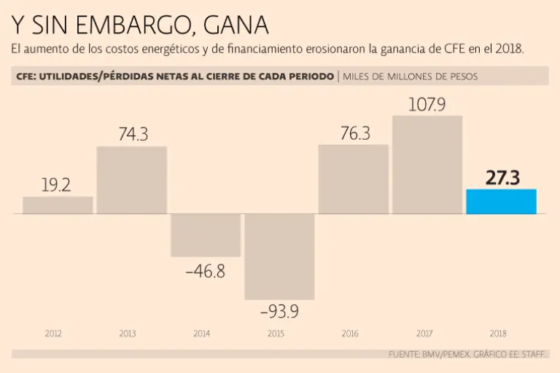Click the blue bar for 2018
pos(501,202)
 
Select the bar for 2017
pos(427,165)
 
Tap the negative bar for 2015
pos(279,256)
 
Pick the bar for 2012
pos(58,205)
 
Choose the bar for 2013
pos(131,180)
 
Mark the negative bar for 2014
pos(206,235)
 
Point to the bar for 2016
pos(354,179)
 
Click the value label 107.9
pos(427,104)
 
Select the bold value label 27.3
pos(502,178)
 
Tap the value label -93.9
pos(279,311)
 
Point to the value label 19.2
pos(56,185)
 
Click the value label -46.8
pos(205,272)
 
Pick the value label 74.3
pos(133,135)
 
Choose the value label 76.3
pos(355,133)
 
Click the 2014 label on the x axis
pos(201,334)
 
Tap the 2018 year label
pos(498,334)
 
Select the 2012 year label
pos(53,334)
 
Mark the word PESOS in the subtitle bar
pos(462,76)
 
